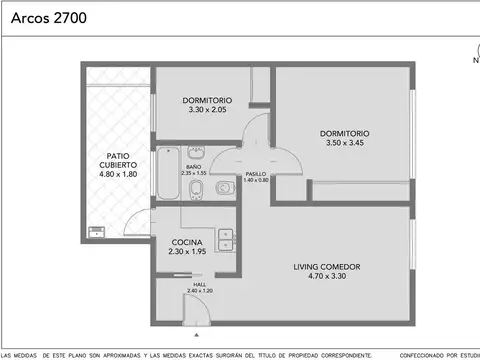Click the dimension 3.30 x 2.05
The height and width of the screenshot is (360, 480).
tap(207, 112)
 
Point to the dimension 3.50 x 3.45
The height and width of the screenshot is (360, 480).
tap(344, 143)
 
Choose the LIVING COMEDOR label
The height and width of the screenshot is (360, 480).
tap(327, 266)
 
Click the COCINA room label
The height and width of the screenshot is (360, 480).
tap(187, 242)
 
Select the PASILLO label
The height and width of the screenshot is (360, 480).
tap(255, 173)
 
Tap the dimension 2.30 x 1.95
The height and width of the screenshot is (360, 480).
tap(187, 253)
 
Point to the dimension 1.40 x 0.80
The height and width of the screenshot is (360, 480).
tap(255, 180)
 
